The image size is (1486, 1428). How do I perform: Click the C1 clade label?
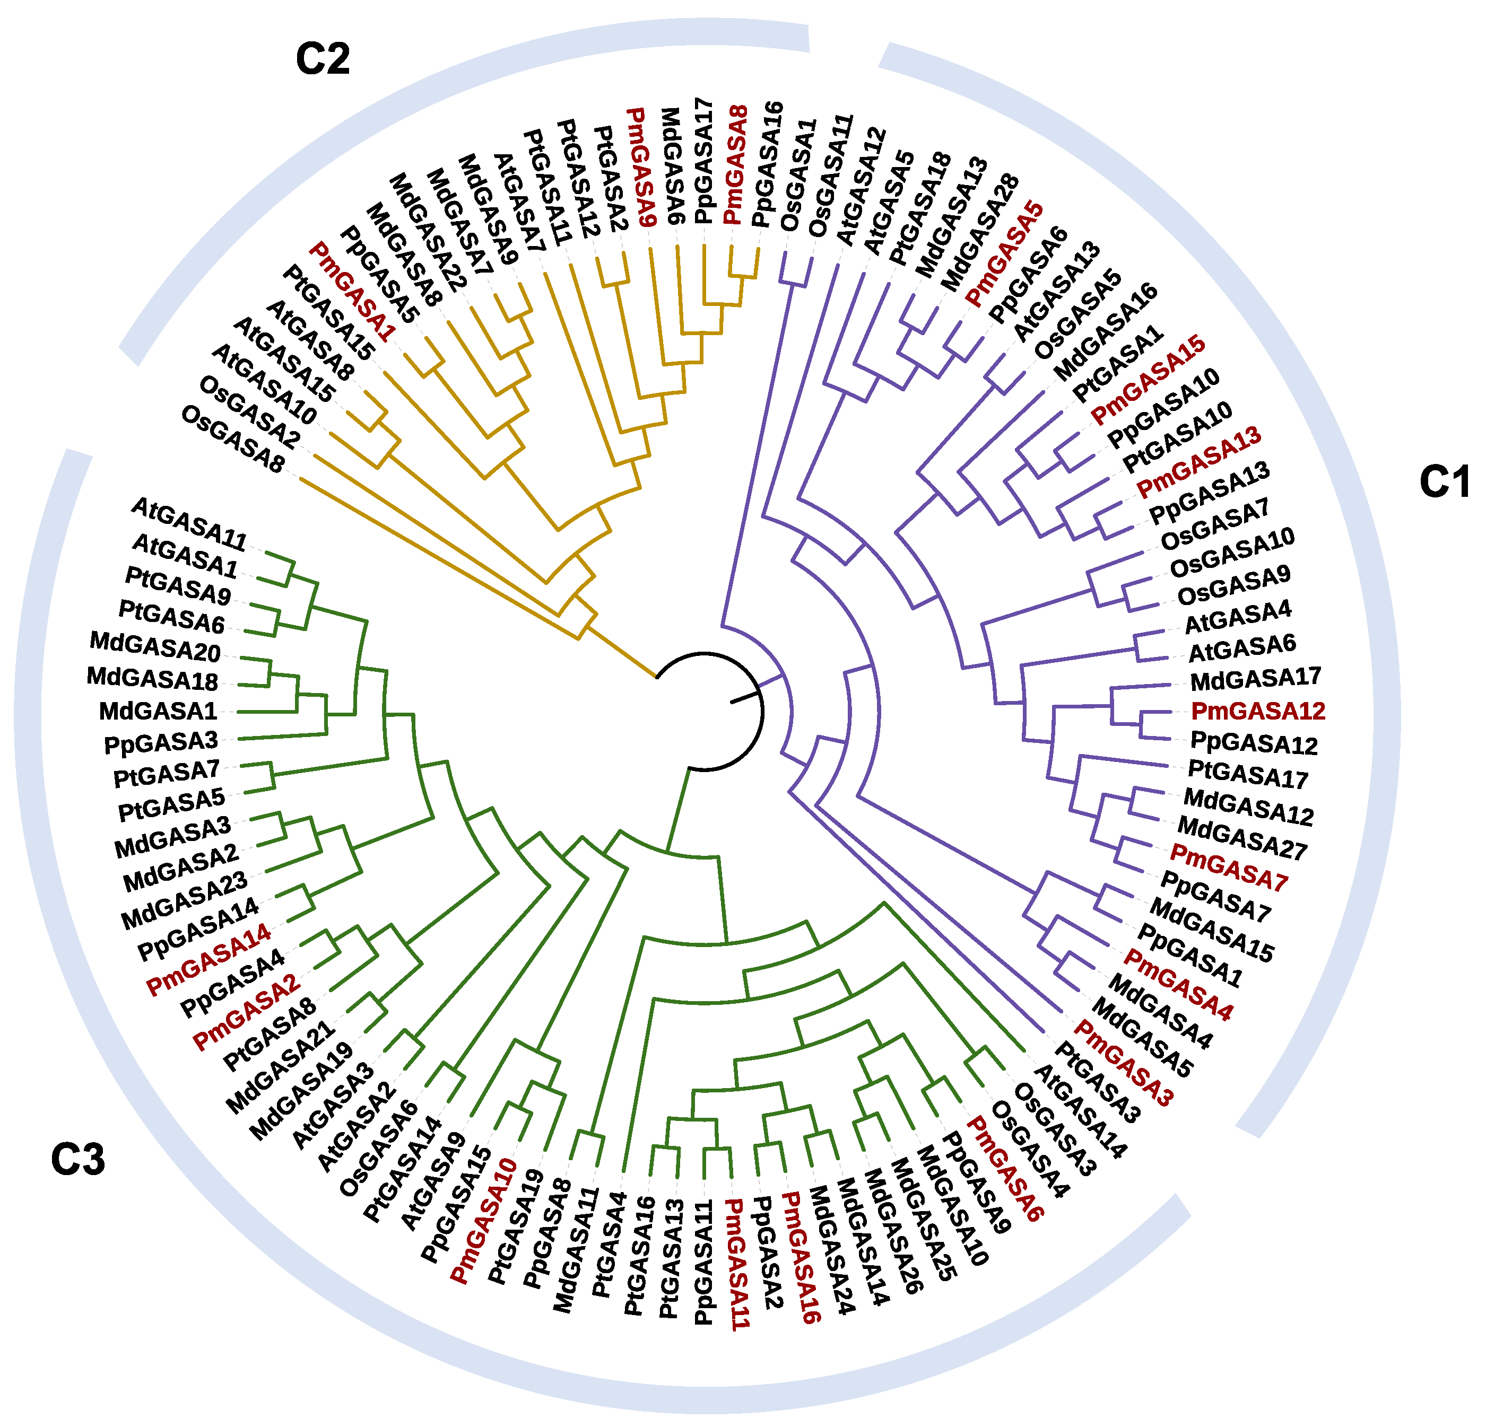pos(1444,481)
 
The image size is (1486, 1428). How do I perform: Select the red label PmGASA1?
pos(353,291)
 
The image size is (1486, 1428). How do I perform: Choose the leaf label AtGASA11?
pos(189,523)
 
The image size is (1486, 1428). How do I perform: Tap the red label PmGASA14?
pos(208,959)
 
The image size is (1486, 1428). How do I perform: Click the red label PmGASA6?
pos(1005,1167)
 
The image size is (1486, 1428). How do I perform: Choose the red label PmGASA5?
pos(1005,254)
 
